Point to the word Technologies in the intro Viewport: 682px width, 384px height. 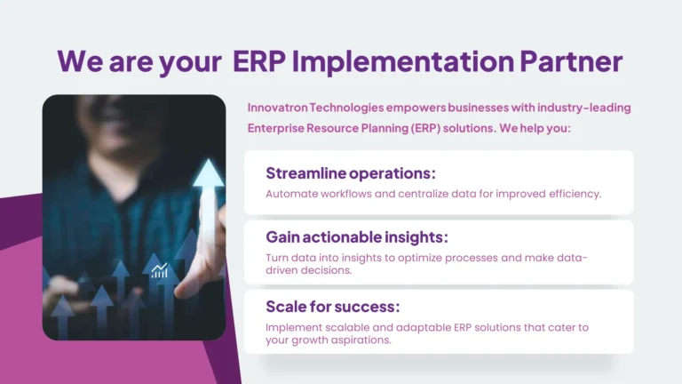coord(358,108)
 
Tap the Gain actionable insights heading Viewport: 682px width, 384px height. coord(357,237)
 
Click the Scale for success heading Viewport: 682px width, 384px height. coord(333,307)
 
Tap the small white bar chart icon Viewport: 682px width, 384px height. coord(160,270)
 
